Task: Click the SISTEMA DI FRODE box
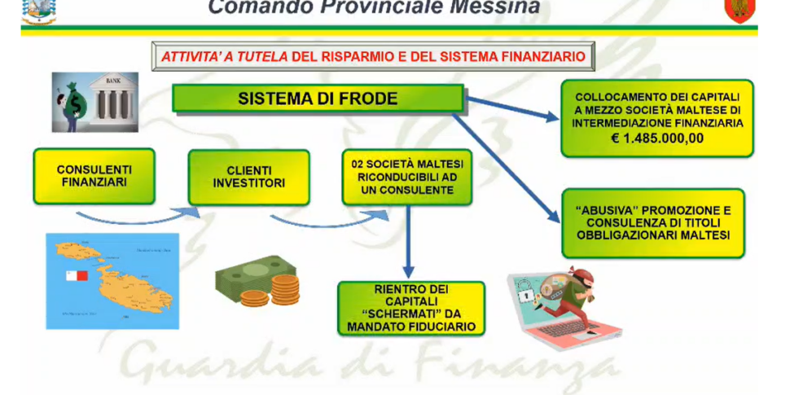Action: coord(318,99)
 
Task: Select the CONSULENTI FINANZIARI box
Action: coord(94,177)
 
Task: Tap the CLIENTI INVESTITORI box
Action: coord(249,178)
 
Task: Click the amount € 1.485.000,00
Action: coord(657,138)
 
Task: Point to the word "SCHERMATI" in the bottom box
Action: coord(411,314)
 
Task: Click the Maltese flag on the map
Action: coord(77,275)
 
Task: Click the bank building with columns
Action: coord(114,101)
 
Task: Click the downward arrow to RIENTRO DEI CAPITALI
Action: coord(408,241)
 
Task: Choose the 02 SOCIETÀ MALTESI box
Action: coord(407,178)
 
